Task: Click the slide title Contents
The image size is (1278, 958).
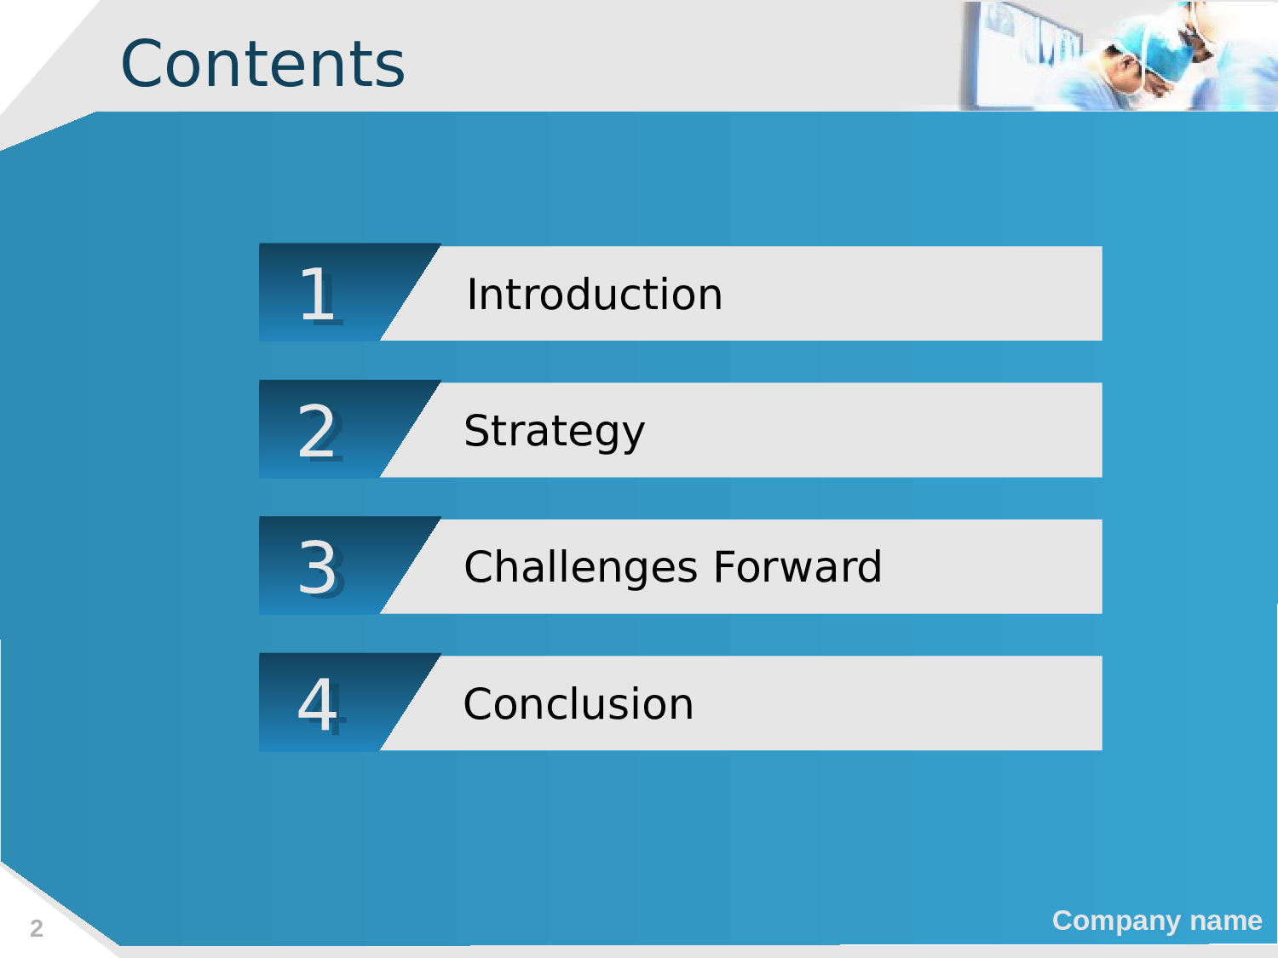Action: coord(262,63)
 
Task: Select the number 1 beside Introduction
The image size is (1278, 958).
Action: coord(318,295)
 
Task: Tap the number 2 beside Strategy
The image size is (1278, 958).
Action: coord(319,432)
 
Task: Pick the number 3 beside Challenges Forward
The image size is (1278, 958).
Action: coord(319,567)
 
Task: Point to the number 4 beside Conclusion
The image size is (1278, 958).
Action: coord(321,705)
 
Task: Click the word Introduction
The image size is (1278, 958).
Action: coord(595,295)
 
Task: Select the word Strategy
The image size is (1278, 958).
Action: coord(555,432)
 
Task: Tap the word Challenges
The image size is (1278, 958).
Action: coord(580,567)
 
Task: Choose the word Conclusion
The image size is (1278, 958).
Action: coord(579,704)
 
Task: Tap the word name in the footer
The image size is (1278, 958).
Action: coord(1226,921)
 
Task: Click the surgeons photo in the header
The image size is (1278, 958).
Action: coord(1118,56)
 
